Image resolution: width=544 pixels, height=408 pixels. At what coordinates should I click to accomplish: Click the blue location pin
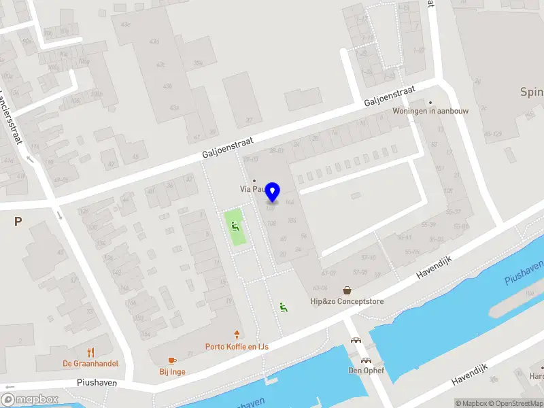(273, 192)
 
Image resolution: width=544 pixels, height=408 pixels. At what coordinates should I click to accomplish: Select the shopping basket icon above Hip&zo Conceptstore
(347, 290)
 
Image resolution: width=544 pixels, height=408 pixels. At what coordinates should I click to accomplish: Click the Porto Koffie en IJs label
(237, 346)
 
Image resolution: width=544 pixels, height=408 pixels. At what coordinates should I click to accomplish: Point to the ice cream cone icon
(237, 334)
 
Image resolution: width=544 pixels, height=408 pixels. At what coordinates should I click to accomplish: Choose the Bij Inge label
(172, 371)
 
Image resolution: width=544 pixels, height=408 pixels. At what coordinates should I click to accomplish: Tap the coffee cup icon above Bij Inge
(172, 360)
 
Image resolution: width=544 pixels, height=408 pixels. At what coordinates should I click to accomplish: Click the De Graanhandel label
(90, 363)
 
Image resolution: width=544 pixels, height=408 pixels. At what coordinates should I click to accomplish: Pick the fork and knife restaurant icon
(90, 352)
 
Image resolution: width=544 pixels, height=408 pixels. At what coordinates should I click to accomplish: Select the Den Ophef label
(366, 371)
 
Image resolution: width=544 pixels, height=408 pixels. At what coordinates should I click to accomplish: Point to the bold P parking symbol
(18, 221)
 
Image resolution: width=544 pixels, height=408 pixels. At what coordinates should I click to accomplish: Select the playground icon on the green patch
(235, 226)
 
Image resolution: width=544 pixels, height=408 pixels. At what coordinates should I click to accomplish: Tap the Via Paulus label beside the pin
(250, 190)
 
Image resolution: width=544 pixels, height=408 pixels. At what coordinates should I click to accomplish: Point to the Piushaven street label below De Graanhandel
(97, 383)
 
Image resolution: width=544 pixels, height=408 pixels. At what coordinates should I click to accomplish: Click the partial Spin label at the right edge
(531, 92)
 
